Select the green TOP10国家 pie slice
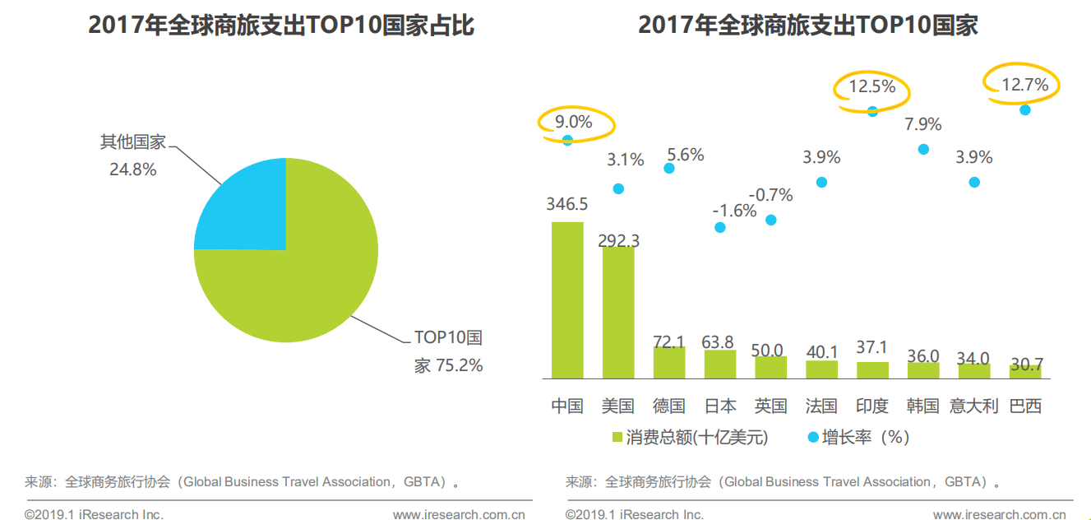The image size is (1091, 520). (x=304, y=280)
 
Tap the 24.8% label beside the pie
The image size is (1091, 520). (x=133, y=169)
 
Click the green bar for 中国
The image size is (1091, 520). (x=567, y=300)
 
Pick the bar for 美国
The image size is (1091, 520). (x=618, y=313)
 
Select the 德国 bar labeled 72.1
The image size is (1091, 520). (x=669, y=362)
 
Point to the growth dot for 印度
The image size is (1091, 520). (x=872, y=111)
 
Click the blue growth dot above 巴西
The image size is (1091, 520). (x=1024, y=109)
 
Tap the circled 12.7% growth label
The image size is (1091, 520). (x=1024, y=84)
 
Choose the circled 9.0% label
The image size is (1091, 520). (x=574, y=123)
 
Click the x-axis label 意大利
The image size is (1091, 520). (x=973, y=406)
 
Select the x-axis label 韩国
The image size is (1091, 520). (x=922, y=406)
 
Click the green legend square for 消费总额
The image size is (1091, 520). (x=617, y=437)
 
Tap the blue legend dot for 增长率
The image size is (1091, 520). (x=813, y=437)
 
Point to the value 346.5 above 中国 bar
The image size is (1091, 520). (x=566, y=204)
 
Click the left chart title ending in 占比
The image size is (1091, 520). (x=281, y=26)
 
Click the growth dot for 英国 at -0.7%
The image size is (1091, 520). (x=770, y=220)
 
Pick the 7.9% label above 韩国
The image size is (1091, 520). (x=922, y=125)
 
